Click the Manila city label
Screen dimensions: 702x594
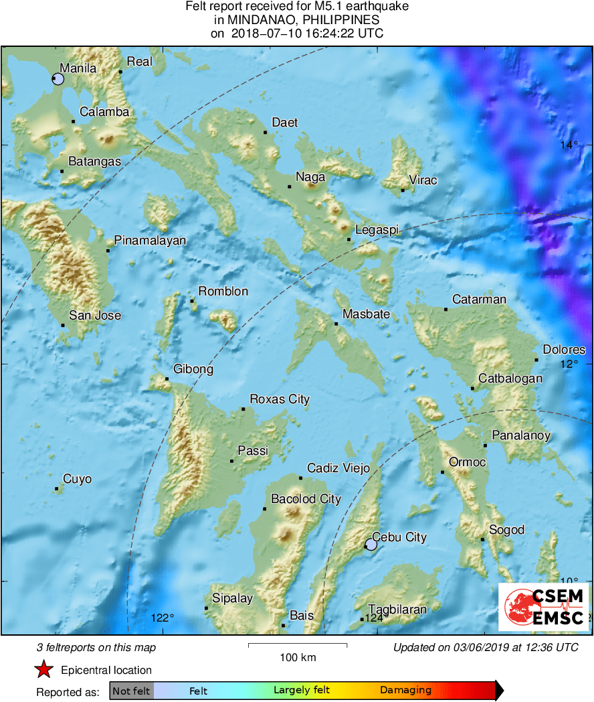(x=78, y=68)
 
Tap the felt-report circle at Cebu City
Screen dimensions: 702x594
(x=371, y=545)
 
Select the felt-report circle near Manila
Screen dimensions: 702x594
(x=58, y=79)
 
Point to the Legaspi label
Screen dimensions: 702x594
(x=377, y=230)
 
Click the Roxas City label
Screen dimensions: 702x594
(x=280, y=400)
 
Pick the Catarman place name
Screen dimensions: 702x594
(x=479, y=299)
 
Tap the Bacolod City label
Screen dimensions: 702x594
(x=306, y=499)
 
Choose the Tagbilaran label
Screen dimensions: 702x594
(x=397, y=610)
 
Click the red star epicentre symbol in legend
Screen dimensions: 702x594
(x=44, y=669)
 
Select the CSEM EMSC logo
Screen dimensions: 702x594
(x=544, y=607)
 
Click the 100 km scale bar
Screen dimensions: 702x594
(x=298, y=645)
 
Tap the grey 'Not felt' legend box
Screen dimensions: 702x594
(x=131, y=691)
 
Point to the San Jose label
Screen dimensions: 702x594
(x=95, y=315)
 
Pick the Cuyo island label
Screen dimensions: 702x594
(x=77, y=480)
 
